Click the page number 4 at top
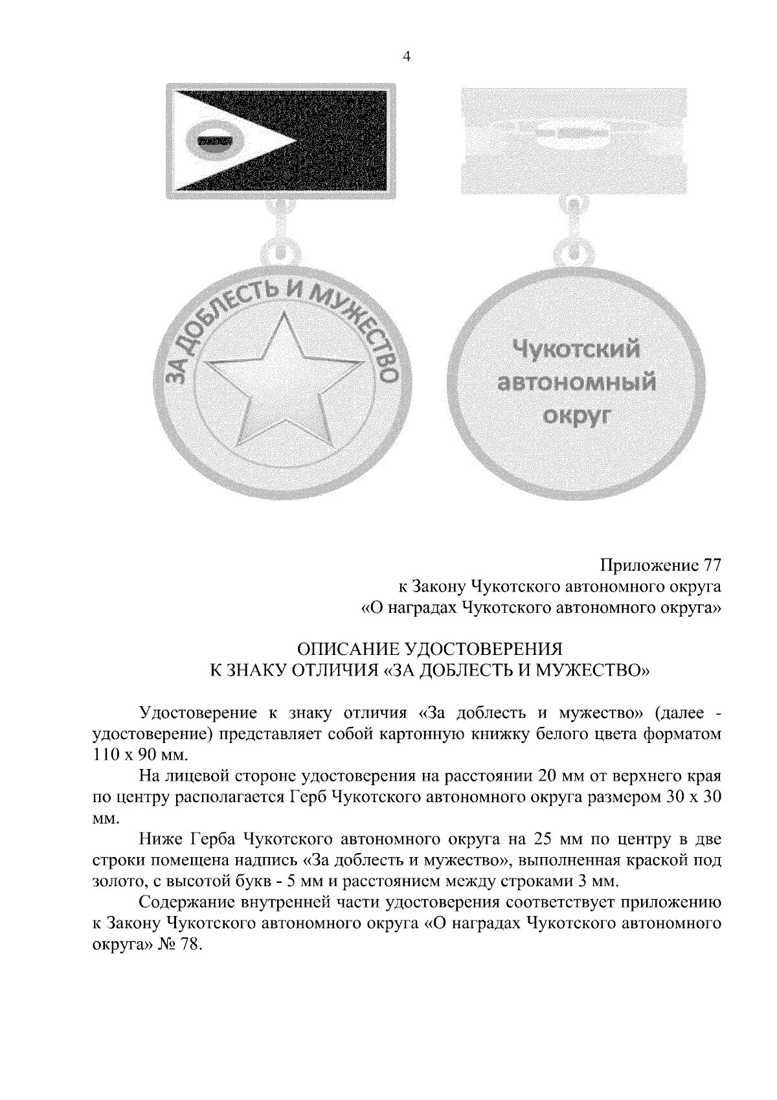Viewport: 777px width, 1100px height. pos(406,57)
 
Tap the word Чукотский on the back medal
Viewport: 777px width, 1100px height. pos(576,350)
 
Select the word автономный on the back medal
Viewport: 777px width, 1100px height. pos(576,382)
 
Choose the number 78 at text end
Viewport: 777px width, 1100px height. pos(188,945)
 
